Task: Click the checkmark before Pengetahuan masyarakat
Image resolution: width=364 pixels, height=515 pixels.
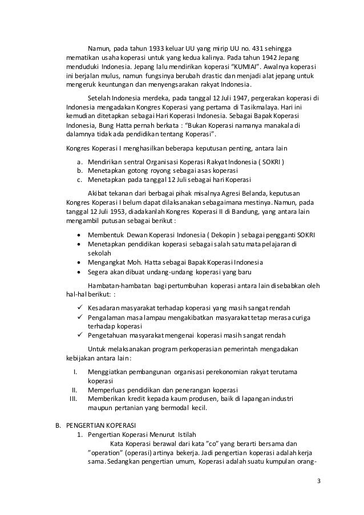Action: pos(79,335)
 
